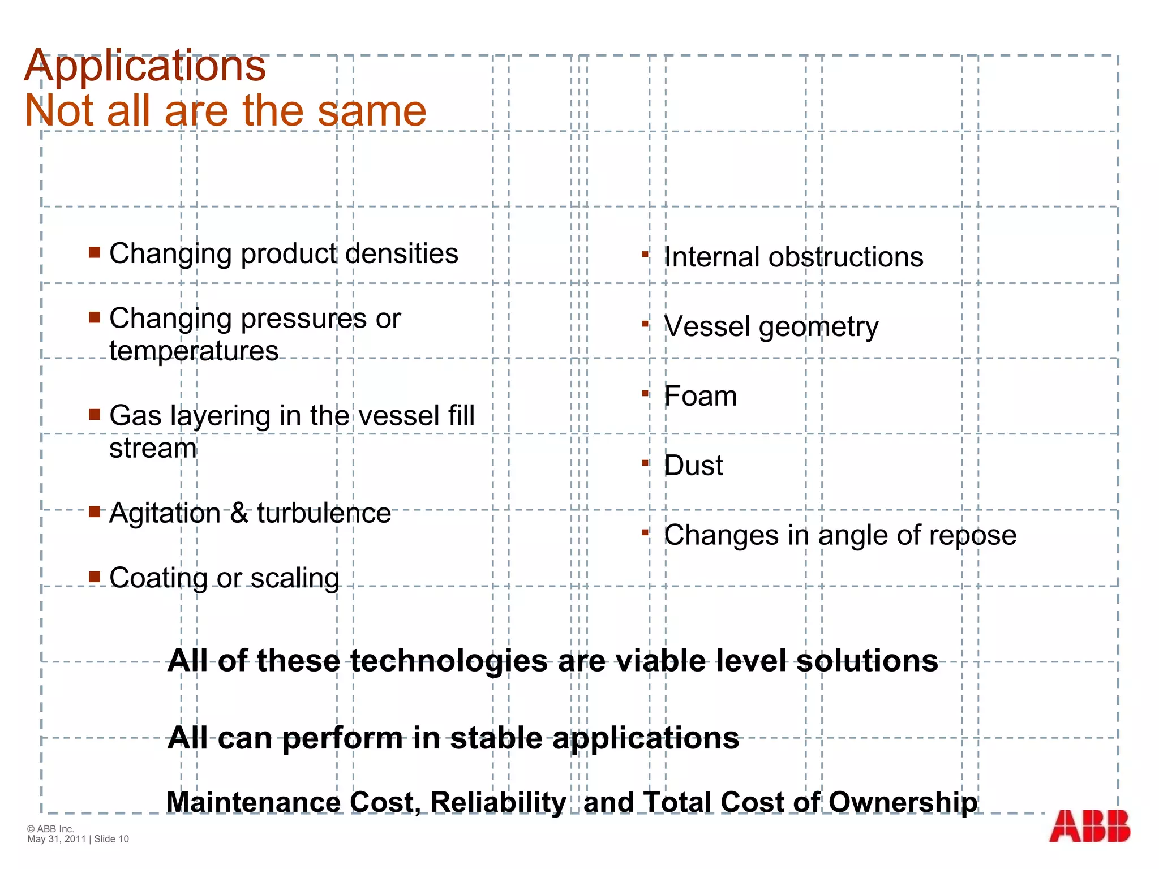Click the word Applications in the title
click(145, 66)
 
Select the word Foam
click(700, 396)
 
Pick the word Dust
click(693, 466)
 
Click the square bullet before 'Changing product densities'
click(95, 252)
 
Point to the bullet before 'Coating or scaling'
click(95, 577)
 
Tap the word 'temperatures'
click(194, 351)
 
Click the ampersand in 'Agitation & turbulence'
click(239, 513)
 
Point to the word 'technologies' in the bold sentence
click(449, 661)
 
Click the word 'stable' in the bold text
click(496, 738)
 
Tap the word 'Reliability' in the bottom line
click(498, 802)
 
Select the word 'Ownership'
click(903, 802)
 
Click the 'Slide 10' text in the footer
click(111, 839)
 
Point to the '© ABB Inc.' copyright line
click(50, 829)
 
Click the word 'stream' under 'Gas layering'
click(153, 449)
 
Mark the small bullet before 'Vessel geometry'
click(645, 324)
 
